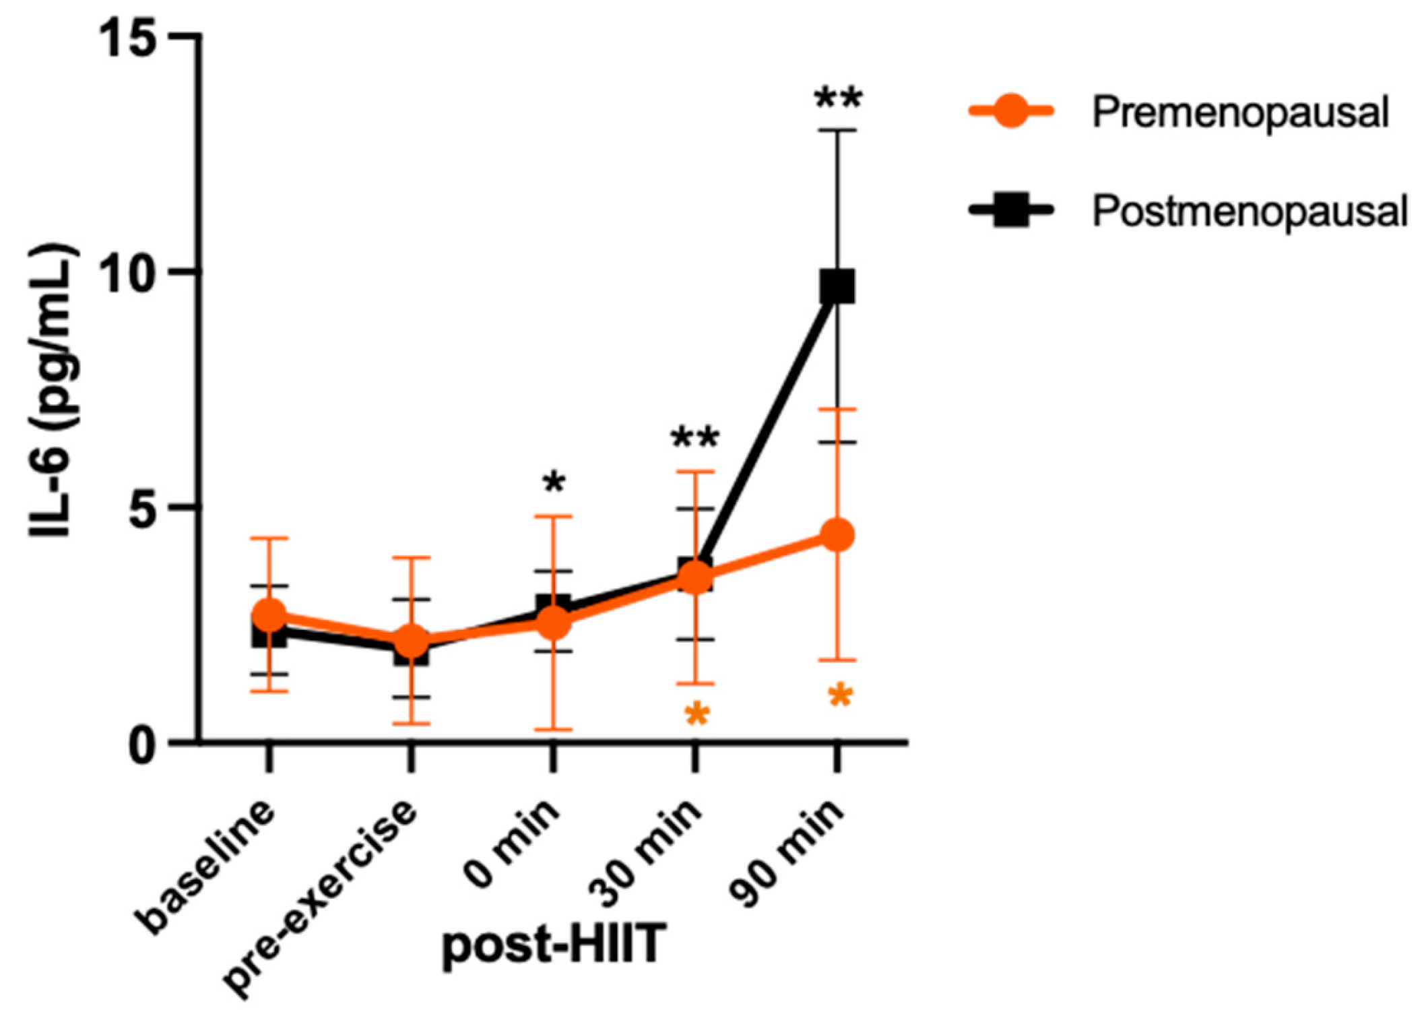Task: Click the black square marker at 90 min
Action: click(x=837, y=287)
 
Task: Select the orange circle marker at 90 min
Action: click(x=837, y=535)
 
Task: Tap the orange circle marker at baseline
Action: click(x=269, y=614)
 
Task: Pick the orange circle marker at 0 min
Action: click(x=554, y=622)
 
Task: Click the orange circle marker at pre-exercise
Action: click(x=411, y=641)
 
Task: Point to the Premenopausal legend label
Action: click(x=1240, y=112)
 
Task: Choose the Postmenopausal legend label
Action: click(x=1250, y=211)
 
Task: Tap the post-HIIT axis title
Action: click(x=554, y=943)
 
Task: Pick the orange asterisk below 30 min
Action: click(x=697, y=715)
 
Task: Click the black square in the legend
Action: click(x=1010, y=210)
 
